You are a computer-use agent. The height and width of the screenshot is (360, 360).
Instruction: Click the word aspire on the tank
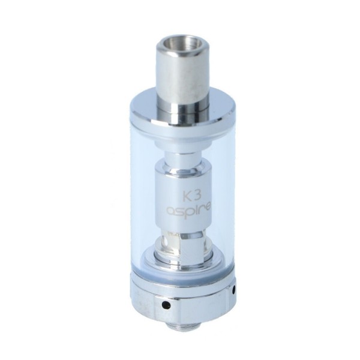[x=180, y=212]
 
